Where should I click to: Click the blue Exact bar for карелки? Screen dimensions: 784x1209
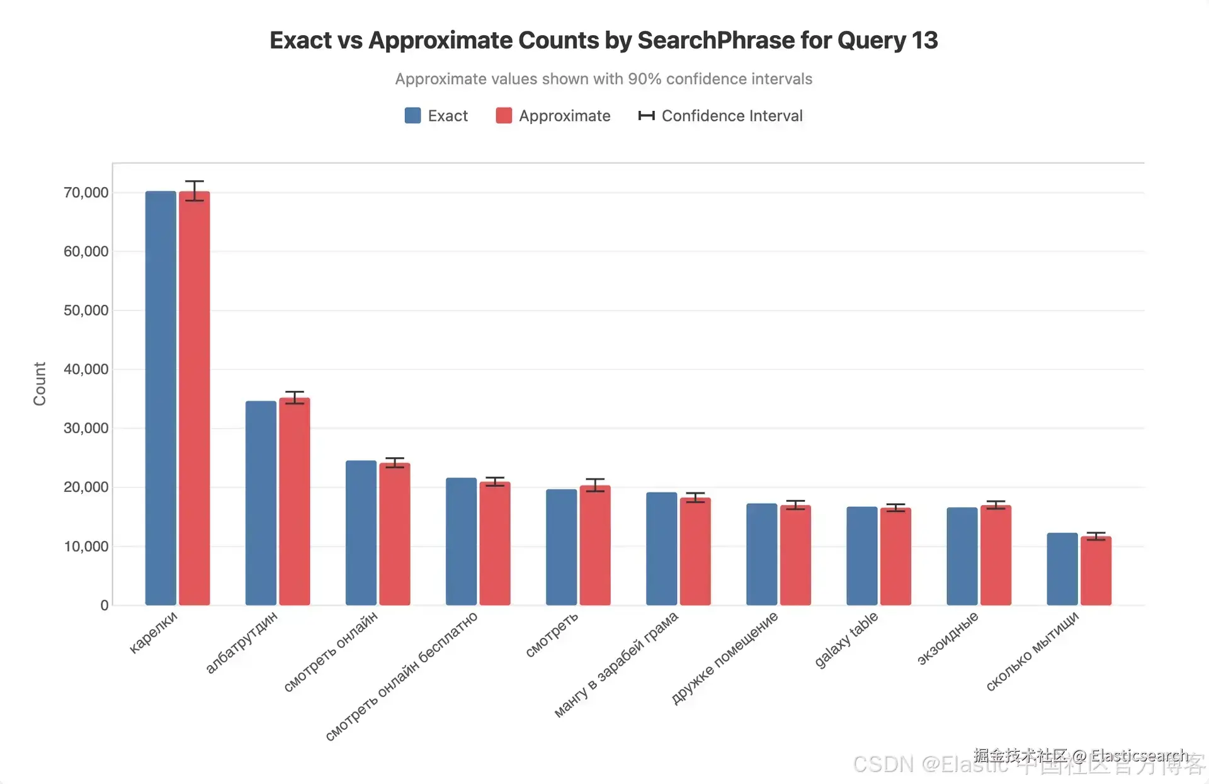(x=161, y=398)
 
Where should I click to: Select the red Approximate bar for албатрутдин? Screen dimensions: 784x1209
(x=295, y=501)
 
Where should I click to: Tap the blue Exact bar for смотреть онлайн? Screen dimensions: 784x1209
(x=361, y=533)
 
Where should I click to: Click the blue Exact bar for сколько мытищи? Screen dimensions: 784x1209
(x=1062, y=569)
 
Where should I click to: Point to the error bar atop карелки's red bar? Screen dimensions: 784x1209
(x=195, y=190)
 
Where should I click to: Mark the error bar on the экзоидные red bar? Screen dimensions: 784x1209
(x=996, y=504)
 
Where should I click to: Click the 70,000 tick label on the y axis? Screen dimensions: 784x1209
(x=86, y=193)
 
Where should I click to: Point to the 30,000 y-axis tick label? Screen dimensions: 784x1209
(x=86, y=428)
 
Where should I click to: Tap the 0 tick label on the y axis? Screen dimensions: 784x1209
(x=105, y=605)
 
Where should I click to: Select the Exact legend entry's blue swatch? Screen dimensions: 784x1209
(x=412, y=116)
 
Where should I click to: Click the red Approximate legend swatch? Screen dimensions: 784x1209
(x=504, y=116)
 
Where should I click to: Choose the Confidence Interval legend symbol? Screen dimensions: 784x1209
(x=646, y=116)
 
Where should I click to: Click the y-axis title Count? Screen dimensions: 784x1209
(x=40, y=383)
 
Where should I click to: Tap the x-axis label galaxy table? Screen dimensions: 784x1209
(x=846, y=640)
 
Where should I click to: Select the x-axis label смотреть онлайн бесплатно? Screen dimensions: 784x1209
(x=402, y=676)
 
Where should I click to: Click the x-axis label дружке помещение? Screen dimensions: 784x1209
(x=724, y=657)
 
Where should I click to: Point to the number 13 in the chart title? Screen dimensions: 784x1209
(x=924, y=40)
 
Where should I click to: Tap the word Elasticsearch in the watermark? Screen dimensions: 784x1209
(x=1139, y=755)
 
